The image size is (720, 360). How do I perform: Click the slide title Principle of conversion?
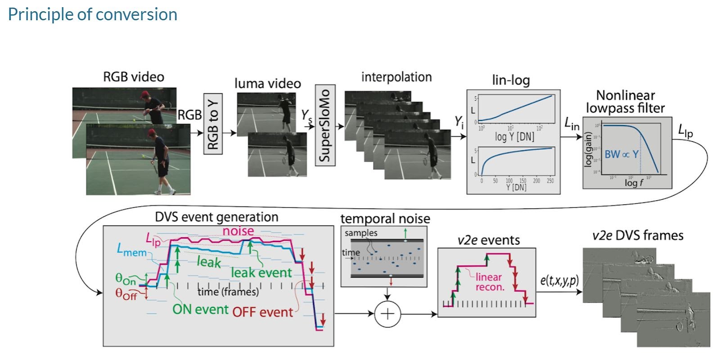tap(93, 14)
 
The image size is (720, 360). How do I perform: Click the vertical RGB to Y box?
tap(213, 124)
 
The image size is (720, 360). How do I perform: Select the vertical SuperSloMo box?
tap(325, 125)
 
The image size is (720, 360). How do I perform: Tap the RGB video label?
tap(134, 77)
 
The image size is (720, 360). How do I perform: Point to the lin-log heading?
tap(511, 81)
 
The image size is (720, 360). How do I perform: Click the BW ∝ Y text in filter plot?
tap(621, 154)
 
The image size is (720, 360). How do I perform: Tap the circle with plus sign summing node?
tap(387, 314)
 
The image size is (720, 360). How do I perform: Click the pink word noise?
tap(238, 231)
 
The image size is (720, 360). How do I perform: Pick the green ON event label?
tap(200, 310)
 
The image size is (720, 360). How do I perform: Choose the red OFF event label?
tap(263, 312)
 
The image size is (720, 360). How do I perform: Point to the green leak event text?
tap(261, 273)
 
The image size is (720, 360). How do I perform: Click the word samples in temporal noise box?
tap(361, 233)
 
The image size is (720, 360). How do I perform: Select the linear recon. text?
tap(490, 282)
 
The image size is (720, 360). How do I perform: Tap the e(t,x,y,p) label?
tap(559, 281)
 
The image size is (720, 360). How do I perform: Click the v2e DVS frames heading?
tap(638, 235)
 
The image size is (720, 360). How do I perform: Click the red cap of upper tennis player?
tap(145, 94)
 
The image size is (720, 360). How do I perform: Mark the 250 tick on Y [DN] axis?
tap(550, 181)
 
